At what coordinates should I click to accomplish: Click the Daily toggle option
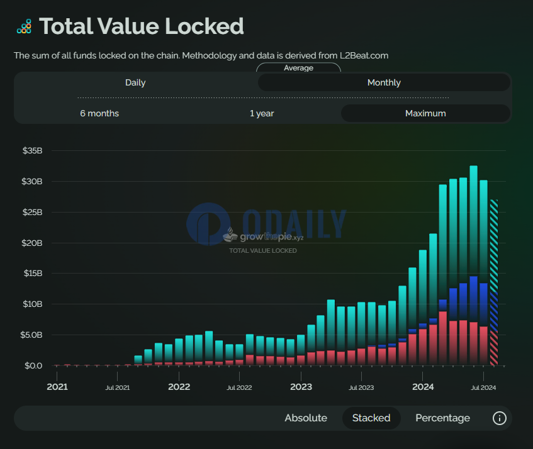click(135, 82)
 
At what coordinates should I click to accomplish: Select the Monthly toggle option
click(384, 82)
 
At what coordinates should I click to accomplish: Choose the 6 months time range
click(99, 113)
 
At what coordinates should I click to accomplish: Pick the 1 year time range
click(262, 113)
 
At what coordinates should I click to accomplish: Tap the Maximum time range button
click(425, 113)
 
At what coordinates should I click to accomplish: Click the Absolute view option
click(306, 418)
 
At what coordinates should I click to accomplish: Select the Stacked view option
click(371, 418)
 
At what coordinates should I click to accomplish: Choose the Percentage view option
click(442, 418)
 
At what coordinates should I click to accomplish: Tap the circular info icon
click(500, 418)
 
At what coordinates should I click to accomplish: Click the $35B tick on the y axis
click(32, 151)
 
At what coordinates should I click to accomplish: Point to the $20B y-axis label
click(32, 243)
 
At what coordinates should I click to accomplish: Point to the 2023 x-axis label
click(301, 387)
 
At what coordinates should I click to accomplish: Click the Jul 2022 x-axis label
click(238, 387)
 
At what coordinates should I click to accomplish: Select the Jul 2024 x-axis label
click(483, 387)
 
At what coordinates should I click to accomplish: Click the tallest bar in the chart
click(473, 264)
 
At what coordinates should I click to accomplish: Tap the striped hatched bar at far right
click(494, 283)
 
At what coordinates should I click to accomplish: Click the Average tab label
click(298, 68)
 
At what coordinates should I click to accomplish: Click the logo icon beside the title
click(24, 26)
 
